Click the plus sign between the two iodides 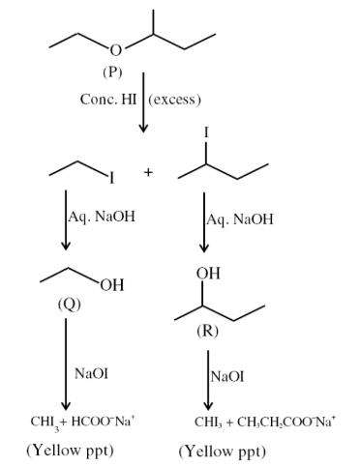(148, 172)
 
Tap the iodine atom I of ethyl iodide (111, 178)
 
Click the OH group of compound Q (112, 284)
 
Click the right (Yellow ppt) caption (222, 451)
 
